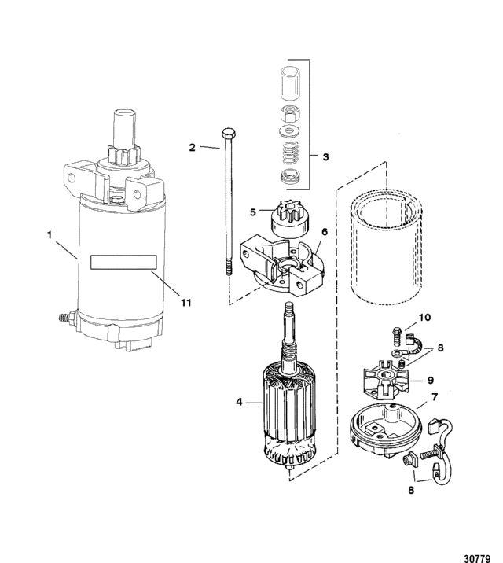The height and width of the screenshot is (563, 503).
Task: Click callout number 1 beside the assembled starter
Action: tap(50, 235)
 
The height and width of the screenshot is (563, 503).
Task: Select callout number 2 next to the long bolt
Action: tap(193, 147)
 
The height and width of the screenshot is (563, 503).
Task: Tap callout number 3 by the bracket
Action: tap(325, 157)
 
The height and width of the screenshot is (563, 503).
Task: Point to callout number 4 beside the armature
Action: tap(239, 402)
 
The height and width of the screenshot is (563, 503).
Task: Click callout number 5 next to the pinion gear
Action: tap(253, 212)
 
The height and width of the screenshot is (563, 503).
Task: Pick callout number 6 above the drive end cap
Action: tap(325, 232)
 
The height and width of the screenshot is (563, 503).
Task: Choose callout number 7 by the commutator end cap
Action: tap(435, 397)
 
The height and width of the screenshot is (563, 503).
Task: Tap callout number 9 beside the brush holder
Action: tap(431, 380)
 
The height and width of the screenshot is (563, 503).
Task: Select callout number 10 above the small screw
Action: tap(424, 318)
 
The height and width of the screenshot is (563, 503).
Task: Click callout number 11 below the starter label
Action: tap(185, 303)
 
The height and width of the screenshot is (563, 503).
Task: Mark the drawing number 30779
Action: tap(477, 559)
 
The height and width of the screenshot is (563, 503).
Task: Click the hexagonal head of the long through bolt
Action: tap(229, 134)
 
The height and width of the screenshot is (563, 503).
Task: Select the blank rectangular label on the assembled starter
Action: tap(123, 262)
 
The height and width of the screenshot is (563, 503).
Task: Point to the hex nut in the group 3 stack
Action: tap(290, 114)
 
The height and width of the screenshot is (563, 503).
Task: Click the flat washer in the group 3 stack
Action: tap(289, 132)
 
